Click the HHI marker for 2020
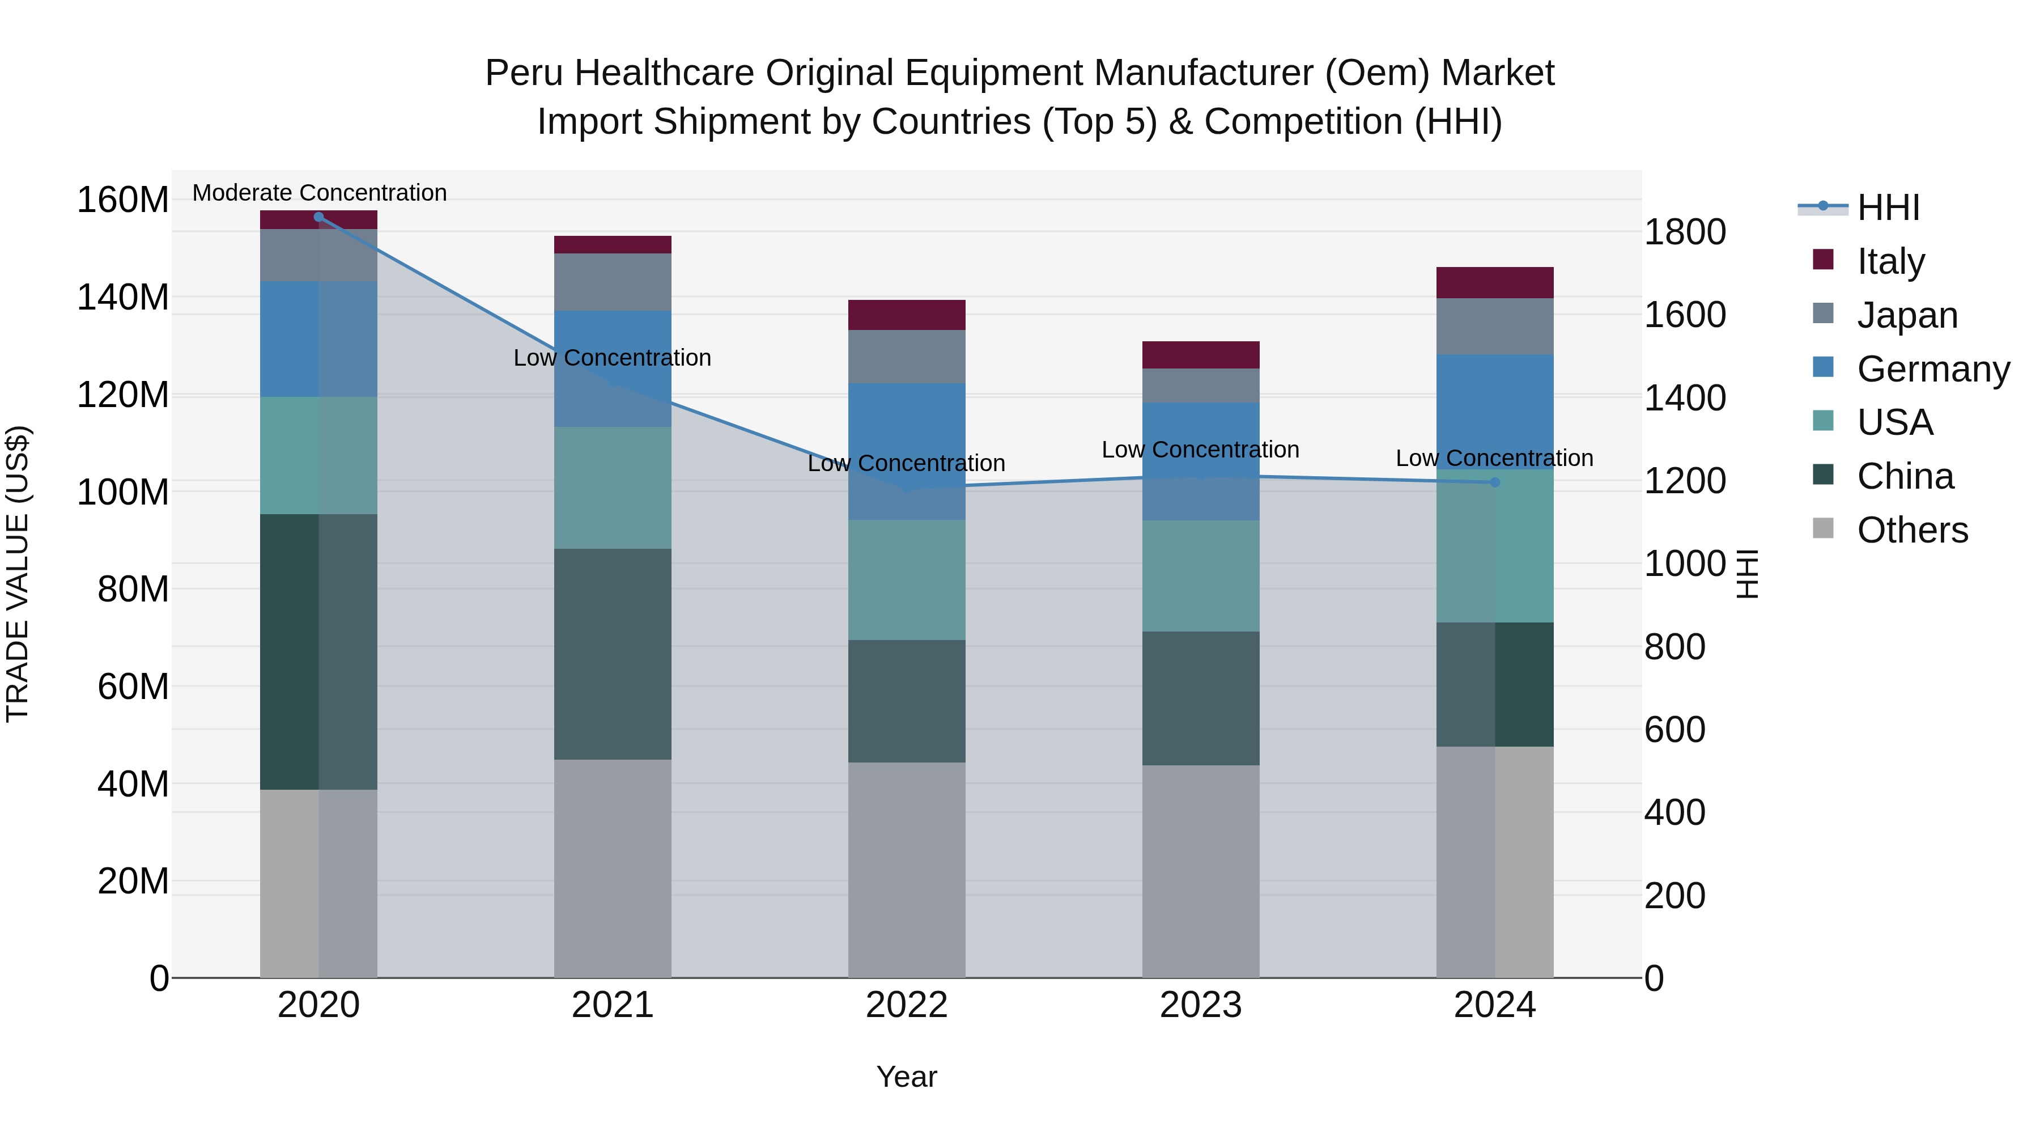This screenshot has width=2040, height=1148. pyautogui.click(x=318, y=217)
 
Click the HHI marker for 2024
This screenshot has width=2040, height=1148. pyautogui.click(x=1494, y=482)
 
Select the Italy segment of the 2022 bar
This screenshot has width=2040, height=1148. pyautogui.click(x=906, y=315)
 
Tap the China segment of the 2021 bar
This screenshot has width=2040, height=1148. pyautogui.click(x=612, y=654)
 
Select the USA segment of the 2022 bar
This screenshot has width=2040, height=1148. pyautogui.click(x=906, y=579)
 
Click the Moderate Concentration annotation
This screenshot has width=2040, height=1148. pyautogui.click(x=319, y=193)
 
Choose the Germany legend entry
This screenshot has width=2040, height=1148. pyautogui.click(x=1932, y=368)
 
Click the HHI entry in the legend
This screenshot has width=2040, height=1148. pyautogui.click(x=1888, y=207)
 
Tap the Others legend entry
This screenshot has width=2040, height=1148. pyautogui.click(x=1912, y=530)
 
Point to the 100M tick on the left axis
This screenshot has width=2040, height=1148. pyautogui.click(x=123, y=492)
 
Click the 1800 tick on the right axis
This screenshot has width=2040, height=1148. pyautogui.click(x=1685, y=232)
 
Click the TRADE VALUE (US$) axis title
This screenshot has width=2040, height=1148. pyautogui.click(x=18, y=574)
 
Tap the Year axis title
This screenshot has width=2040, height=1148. pyautogui.click(x=906, y=1077)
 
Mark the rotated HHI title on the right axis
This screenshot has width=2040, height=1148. pyautogui.click(x=1746, y=574)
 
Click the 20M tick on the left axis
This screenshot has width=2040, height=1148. pyautogui.click(x=133, y=880)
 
